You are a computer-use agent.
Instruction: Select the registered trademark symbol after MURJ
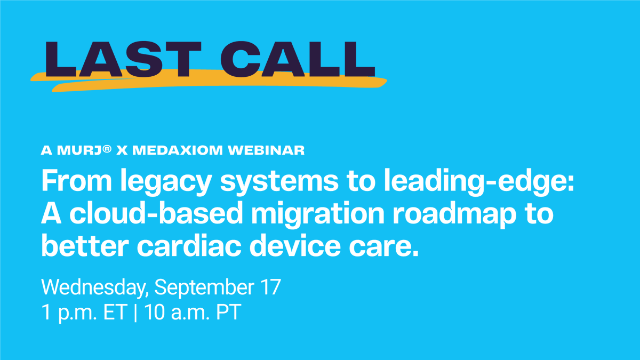(107, 148)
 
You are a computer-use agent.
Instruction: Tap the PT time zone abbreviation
(228, 313)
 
